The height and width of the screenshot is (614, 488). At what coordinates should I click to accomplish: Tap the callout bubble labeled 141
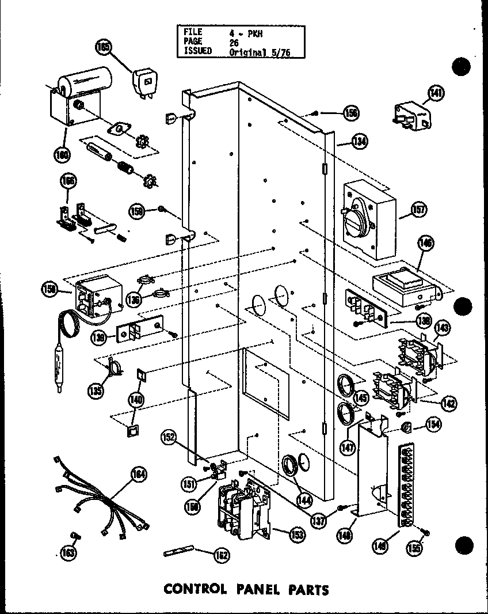point(436,92)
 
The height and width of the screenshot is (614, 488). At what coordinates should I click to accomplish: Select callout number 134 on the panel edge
point(360,141)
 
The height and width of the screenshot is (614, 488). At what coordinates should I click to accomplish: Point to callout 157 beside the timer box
point(418,210)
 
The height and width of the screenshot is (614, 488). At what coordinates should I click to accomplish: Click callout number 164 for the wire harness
point(138,475)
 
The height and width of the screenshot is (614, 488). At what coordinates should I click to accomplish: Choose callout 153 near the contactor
point(297,535)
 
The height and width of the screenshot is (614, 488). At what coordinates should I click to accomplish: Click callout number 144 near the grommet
point(304,500)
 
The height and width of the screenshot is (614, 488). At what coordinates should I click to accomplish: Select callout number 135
point(97,391)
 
